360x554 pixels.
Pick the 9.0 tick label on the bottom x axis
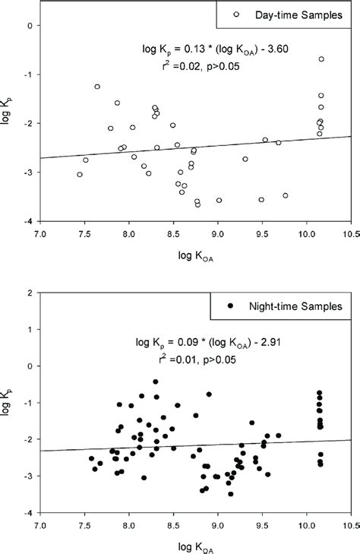pos(218,524)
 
